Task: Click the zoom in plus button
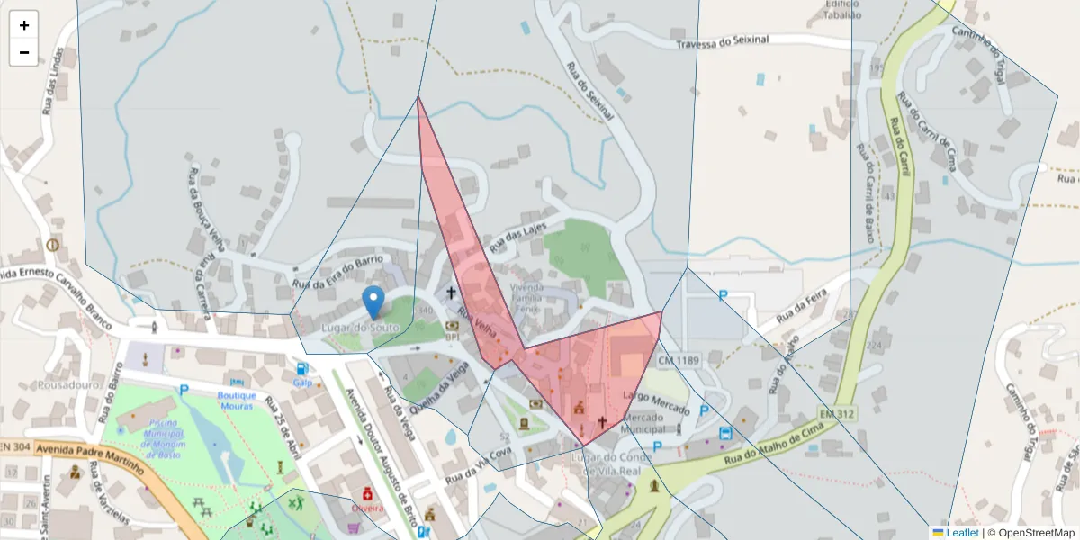pos(24,25)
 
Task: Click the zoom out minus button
pos(24,52)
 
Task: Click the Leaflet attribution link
pos(961,533)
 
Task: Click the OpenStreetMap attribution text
pos(1036,533)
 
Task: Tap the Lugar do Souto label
pos(360,328)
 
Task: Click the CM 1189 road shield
pos(678,361)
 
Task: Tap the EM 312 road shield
pos(837,414)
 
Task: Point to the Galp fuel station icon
pos(301,369)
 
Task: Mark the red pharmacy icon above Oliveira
pos(367,493)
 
